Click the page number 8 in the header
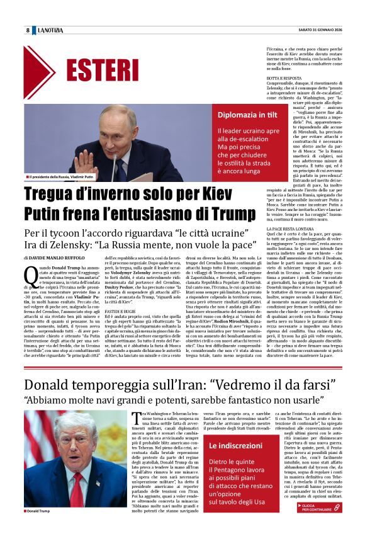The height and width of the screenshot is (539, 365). [x=28, y=30]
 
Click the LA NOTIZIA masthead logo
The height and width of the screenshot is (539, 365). [x=51, y=30]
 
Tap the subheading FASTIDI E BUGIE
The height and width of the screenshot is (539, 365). [x=121, y=311]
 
